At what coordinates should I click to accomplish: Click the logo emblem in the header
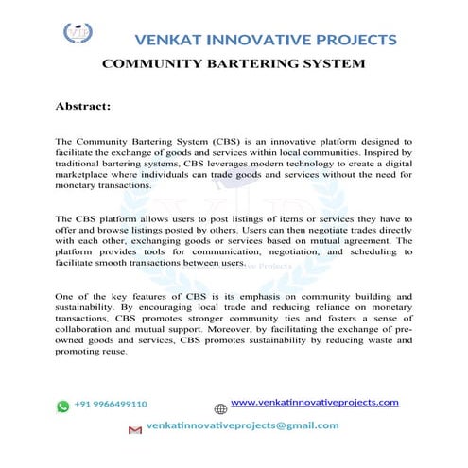coord(78,35)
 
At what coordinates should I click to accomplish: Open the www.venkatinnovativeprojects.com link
coord(315,403)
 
